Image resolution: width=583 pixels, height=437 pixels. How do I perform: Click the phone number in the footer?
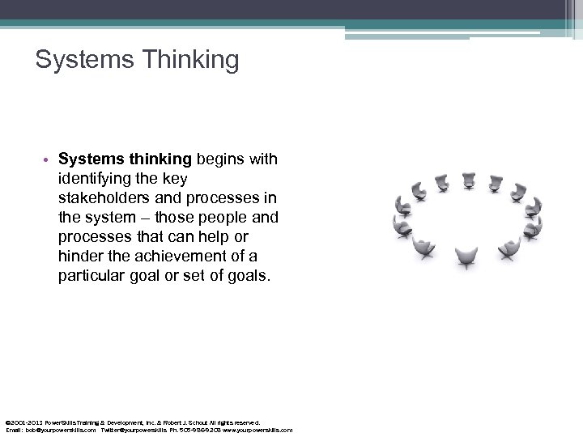(198, 431)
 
